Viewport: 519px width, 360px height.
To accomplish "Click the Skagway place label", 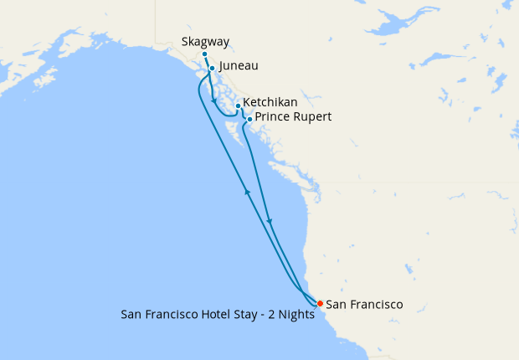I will (204, 41).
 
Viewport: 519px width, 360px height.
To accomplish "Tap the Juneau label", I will (238, 65).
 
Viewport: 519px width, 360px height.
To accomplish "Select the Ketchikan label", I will (270, 102).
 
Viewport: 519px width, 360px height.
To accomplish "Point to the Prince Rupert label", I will (293, 117).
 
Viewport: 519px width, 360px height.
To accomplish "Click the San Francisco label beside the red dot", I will (364, 304).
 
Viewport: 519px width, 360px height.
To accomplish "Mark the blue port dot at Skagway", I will (204, 54).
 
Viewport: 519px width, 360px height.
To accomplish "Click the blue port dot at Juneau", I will (212, 69).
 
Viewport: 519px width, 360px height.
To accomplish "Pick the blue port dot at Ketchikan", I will (238, 105).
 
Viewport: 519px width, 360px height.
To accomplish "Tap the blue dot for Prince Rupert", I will (249, 119).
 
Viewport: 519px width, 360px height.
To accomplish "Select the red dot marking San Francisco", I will (318, 303).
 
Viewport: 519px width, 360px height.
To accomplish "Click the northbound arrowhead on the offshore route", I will (247, 192).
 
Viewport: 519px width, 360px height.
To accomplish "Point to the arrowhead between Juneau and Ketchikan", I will (214, 101).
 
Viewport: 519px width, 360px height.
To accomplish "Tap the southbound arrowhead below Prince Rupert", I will (270, 221).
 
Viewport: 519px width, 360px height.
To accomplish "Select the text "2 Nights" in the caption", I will (293, 316).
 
